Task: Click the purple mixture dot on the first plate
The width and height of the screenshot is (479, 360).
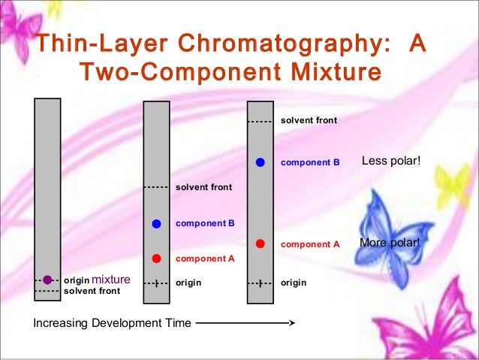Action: point(47,280)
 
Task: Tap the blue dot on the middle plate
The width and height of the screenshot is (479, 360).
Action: point(156,223)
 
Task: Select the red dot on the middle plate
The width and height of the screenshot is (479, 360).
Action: point(156,259)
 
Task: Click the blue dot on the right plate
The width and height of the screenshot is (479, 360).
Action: point(260,162)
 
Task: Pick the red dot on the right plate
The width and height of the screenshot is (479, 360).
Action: point(260,244)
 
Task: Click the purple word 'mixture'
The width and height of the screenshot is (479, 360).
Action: point(110,280)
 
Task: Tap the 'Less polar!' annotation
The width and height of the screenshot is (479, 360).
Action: point(391,161)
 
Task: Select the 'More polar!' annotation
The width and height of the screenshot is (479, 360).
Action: point(390,244)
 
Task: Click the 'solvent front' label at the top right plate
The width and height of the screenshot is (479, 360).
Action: point(309,120)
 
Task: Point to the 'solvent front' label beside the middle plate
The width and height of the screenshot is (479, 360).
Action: point(203,187)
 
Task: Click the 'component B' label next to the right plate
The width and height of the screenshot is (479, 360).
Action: point(310,162)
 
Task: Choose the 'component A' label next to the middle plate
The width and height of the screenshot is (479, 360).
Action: point(205,259)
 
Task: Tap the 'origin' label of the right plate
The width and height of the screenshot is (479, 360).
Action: point(293,283)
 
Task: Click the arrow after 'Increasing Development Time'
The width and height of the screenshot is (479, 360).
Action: point(245,324)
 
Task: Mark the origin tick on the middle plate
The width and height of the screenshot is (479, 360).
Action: point(156,283)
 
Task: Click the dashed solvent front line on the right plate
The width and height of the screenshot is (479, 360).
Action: point(260,120)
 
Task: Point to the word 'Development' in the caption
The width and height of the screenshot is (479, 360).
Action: point(124,324)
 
